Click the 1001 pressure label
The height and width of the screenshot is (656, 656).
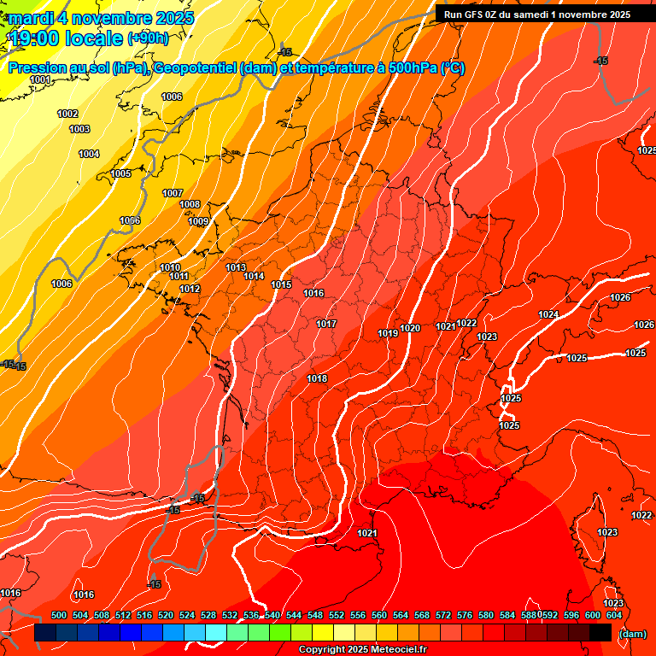40,80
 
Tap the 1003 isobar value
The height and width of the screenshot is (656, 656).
79,129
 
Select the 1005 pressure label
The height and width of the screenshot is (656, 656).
121,173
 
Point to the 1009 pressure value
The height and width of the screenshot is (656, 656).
198,222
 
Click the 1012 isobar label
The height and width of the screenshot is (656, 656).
190,290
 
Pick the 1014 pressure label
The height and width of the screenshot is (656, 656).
254,276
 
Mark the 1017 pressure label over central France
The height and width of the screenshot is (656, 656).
326,324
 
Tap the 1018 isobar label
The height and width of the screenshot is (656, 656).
317,378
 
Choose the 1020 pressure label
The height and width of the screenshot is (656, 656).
410,329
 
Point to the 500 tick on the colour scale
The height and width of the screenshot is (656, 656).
59,615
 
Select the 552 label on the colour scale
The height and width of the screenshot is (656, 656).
337,615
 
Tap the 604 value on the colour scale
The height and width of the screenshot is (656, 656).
614,615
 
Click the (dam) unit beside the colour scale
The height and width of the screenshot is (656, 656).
632,634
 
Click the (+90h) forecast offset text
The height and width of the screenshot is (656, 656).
148,38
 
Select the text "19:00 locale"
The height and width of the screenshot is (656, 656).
66,38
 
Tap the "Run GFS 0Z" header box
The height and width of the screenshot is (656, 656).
536,14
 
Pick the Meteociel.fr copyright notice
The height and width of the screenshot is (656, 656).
363,650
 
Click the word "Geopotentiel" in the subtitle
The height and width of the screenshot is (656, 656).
194,68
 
